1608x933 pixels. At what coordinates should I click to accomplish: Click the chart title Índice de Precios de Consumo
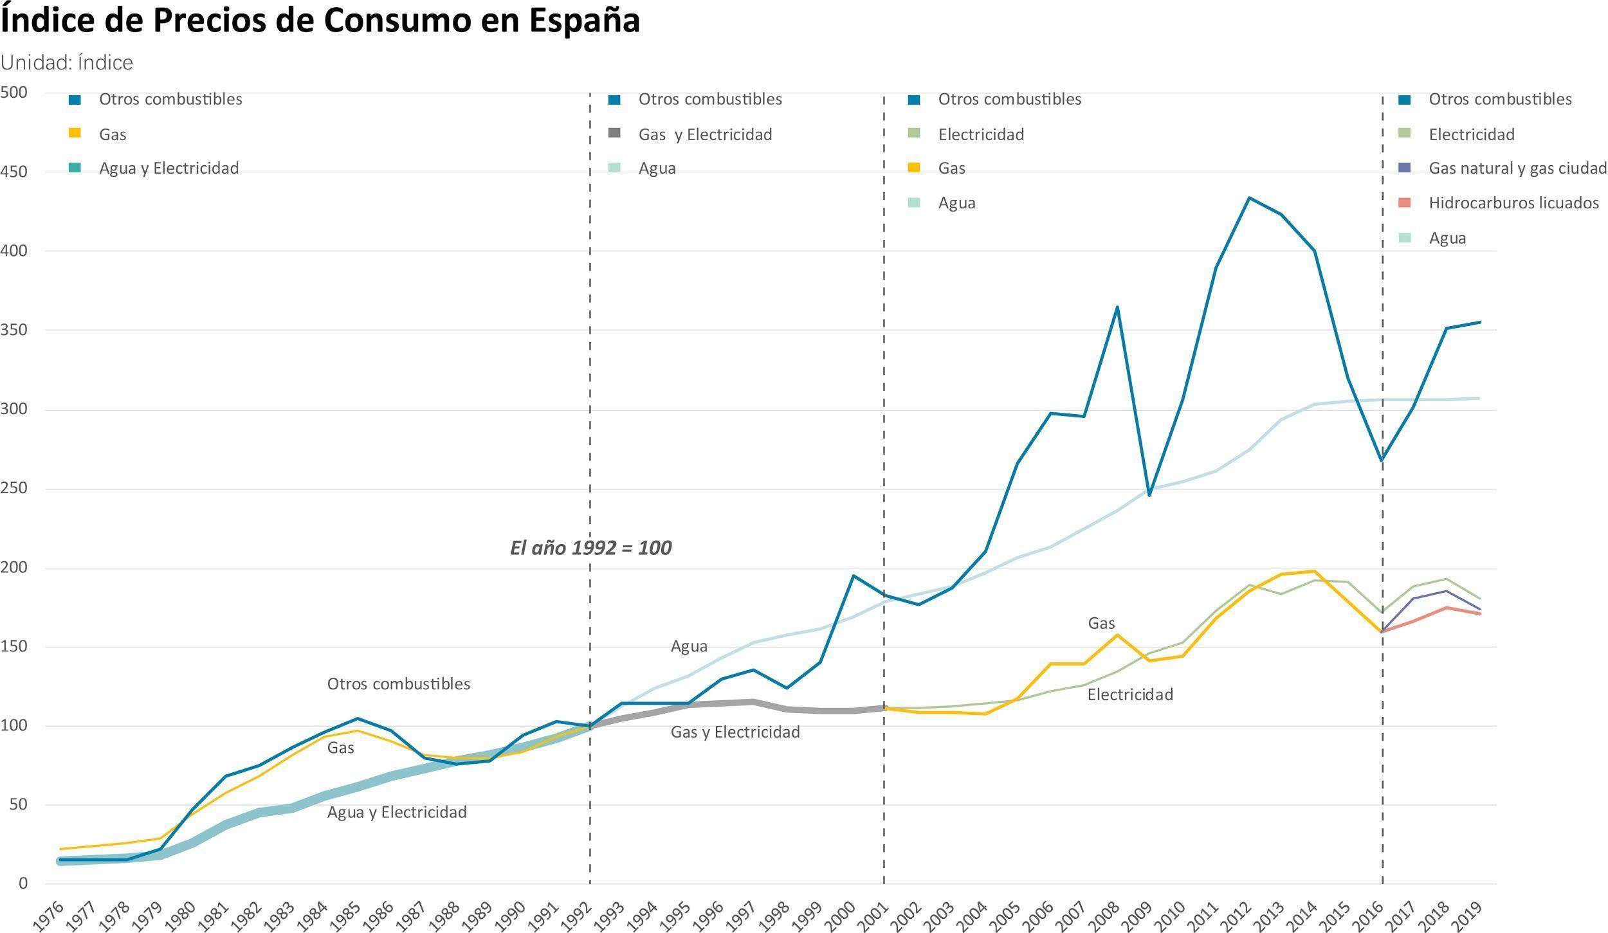click(x=320, y=21)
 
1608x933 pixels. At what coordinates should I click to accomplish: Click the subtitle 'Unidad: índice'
click(x=67, y=63)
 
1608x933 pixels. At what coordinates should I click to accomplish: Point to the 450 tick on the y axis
click(x=14, y=172)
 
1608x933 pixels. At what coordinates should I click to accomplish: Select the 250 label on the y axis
click(x=14, y=489)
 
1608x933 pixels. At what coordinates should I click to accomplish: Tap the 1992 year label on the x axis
click(x=580, y=915)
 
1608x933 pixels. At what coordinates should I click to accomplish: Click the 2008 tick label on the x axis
click(x=1107, y=915)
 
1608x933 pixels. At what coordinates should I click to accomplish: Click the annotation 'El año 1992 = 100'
click(x=590, y=548)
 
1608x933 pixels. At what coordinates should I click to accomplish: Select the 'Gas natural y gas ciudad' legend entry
click(x=1517, y=168)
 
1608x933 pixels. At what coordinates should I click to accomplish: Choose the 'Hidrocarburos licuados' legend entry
click(x=1513, y=203)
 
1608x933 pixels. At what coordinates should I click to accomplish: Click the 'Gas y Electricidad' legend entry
click(x=704, y=134)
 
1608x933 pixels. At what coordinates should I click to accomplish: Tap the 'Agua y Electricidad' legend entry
click(x=169, y=168)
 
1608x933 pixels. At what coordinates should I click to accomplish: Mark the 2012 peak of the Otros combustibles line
click(x=1249, y=197)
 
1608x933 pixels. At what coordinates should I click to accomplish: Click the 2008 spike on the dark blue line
click(x=1117, y=307)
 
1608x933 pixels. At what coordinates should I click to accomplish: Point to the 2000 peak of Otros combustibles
click(x=853, y=575)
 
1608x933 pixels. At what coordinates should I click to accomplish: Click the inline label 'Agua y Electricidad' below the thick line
click(x=397, y=812)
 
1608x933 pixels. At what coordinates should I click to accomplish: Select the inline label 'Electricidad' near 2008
click(x=1130, y=694)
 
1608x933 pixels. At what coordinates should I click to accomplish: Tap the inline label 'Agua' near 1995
click(x=689, y=646)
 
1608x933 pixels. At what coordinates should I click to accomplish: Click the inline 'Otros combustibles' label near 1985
click(x=398, y=684)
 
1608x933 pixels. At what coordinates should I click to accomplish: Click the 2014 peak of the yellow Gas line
click(x=1315, y=572)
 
